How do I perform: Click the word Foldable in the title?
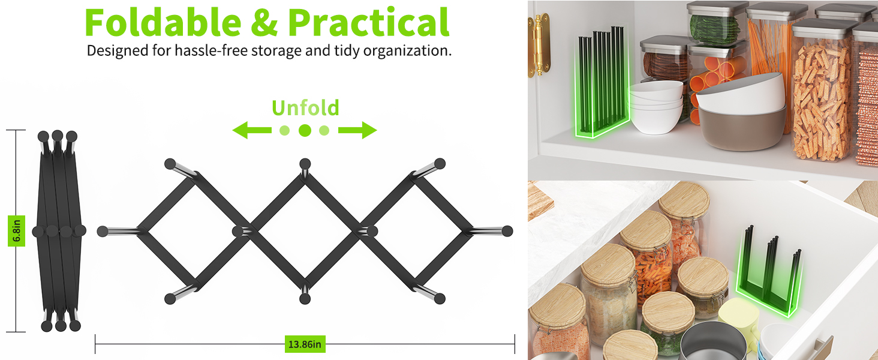pos(163,22)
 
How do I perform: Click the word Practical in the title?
pos(368,22)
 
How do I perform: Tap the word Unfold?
pos(305,108)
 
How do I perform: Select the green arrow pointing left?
pos(252,130)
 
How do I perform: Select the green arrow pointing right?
pos(357,130)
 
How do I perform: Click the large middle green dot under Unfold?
pos(305,130)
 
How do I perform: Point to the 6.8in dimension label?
pos(16,231)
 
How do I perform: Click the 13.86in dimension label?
pos(305,344)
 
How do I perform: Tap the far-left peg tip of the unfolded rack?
pos(103,232)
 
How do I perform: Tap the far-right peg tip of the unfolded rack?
pos(507,231)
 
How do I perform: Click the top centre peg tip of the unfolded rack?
pos(305,164)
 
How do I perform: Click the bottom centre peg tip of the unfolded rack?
pos(305,299)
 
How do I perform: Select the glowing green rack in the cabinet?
pos(602,83)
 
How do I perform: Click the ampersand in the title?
pos(264,23)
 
